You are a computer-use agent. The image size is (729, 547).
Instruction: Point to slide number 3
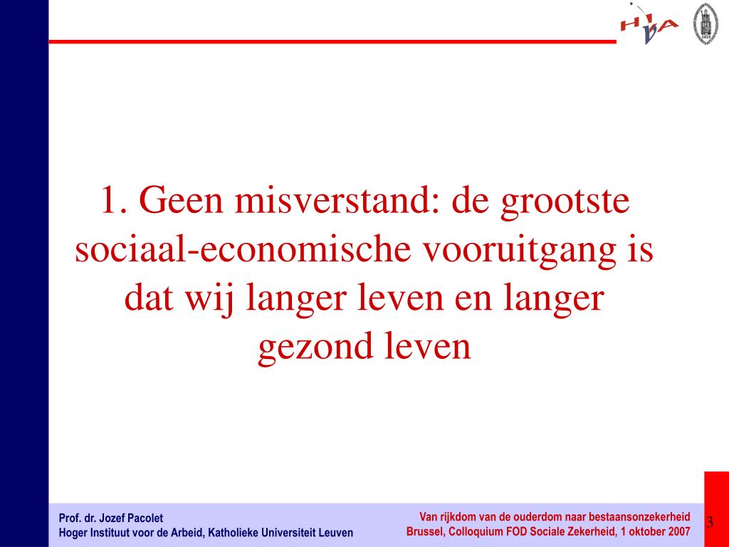coord(710,523)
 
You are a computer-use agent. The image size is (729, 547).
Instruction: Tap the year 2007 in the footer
coord(678,531)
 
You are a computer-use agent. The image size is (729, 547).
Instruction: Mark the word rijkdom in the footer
coord(454,517)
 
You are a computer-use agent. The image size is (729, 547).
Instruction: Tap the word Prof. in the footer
coord(68,518)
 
